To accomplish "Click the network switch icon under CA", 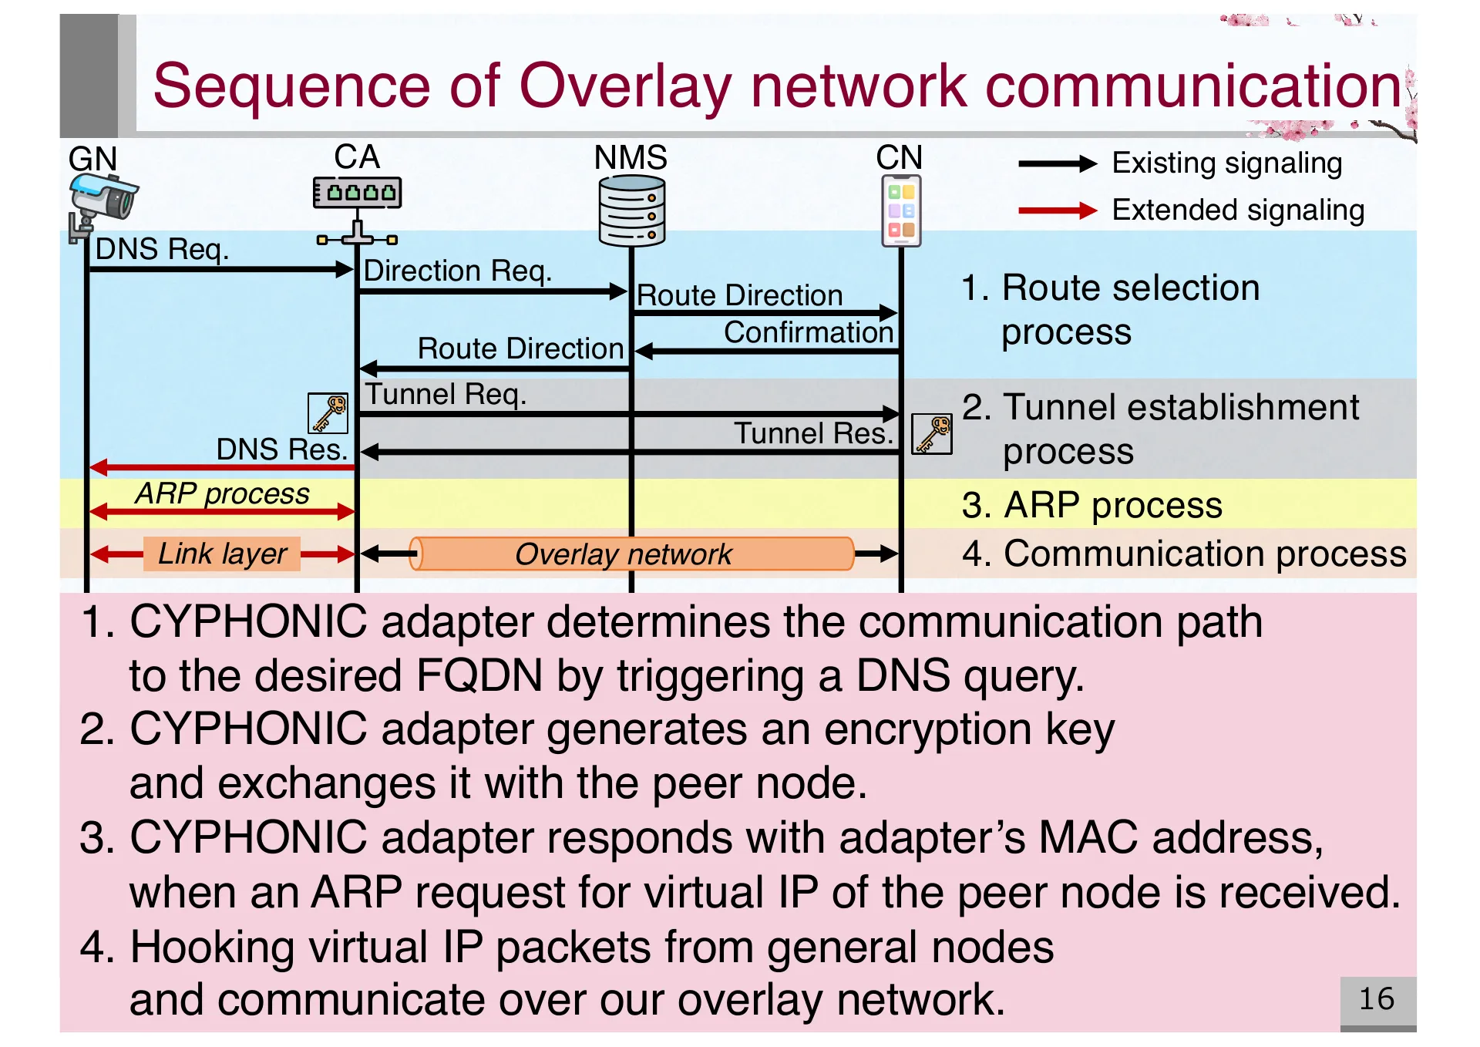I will pyautogui.click(x=357, y=193).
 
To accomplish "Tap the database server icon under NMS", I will pyautogui.click(x=631, y=210).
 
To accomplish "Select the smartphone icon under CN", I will pyautogui.click(x=901, y=210).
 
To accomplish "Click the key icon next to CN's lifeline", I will pyautogui.click(x=932, y=433).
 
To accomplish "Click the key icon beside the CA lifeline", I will pyautogui.click(x=328, y=413).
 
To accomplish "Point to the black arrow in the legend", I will pyautogui.click(x=1057, y=163).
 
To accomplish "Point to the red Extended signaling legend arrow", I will pyautogui.click(x=1057, y=210).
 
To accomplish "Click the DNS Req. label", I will pyautogui.click(x=162, y=250).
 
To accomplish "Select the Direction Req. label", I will pyautogui.click(x=457, y=271).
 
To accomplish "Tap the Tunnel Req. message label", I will pyautogui.click(x=446, y=395).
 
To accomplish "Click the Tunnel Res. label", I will pyautogui.click(x=812, y=433).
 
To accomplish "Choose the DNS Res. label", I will pyautogui.click(x=281, y=449).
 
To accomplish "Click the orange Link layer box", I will pyautogui.click(x=222, y=554).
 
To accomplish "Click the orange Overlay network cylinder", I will pyautogui.click(x=631, y=554).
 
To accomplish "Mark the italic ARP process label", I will pyautogui.click(x=222, y=493).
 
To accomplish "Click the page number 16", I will pyautogui.click(x=1377, y=999).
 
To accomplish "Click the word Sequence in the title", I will pyautogui.click(x=291, y=86).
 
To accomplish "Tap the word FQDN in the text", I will pyautogui.click(x=479, y=676).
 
